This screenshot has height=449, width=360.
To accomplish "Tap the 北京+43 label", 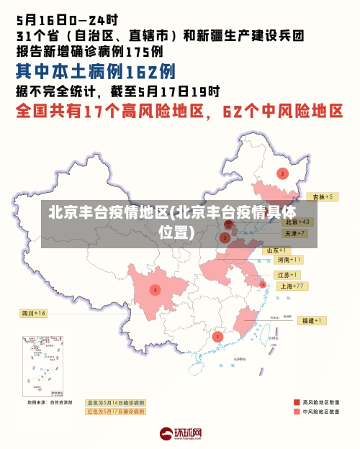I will (297, 222).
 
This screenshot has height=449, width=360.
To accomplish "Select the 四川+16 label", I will (32, 313).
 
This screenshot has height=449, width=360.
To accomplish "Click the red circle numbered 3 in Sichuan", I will (155, 290).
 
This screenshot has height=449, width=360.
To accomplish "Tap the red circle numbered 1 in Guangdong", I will (218, 336).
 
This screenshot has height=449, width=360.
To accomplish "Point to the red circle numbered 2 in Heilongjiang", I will (282, 173).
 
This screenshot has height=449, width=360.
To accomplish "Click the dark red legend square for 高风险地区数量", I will (297, 402).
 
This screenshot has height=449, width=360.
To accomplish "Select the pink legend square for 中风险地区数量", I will (297, 412).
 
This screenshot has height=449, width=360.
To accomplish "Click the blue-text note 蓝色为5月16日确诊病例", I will (115, 402).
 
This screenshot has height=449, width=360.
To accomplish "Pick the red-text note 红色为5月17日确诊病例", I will (115, 412).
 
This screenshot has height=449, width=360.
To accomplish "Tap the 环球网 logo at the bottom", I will (180, 434).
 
